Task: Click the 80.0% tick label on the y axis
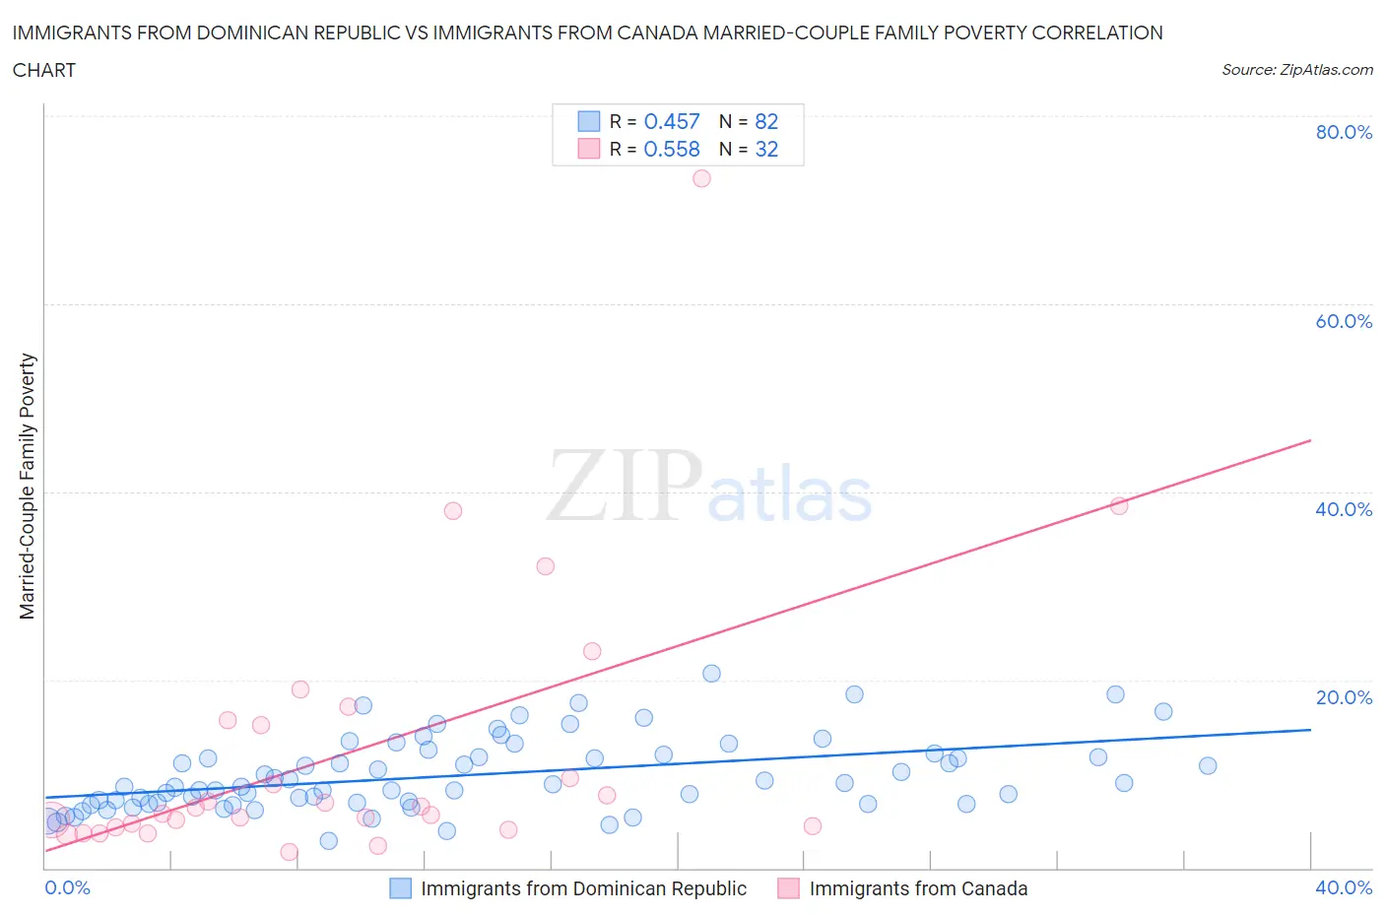(x=1344, y=132)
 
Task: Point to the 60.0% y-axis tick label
(x=1344, y=321)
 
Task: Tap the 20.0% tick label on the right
(x=1344, y=697)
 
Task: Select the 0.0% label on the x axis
(x=67, y=887)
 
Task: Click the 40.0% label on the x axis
(x=1344, y=887)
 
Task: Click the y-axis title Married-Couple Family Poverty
(x=28, y=487)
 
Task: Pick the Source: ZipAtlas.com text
(x=1296, y=69)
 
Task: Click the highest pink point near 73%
(x=701, y=178)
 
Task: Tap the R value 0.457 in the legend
(x=671, y=121)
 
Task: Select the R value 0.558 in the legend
(x=671, y=149)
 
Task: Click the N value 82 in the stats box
(x=766, y=121)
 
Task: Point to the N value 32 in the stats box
(x=766, y=149)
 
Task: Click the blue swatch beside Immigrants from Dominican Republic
(x=400, y=888)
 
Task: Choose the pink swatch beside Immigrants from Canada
(x=788, y=888)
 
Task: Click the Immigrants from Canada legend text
(x=918, y=888)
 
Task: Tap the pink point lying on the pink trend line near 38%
(x=1119, y=505)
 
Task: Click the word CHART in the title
(x=44, y=70)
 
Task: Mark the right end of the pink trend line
(x=1310, y=440)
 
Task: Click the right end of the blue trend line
(x=1310, y=730)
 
